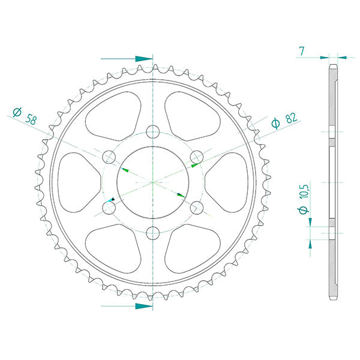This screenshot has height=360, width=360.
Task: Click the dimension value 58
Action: pos(30,118)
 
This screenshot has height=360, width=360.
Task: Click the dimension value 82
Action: pos(290,118)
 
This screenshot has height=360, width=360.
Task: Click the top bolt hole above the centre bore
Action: pos(153,131)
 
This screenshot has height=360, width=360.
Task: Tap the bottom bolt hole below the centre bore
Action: pos(153,233)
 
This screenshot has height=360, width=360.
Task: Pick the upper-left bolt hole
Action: pos(109,157)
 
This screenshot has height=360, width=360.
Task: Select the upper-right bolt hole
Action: pos(197,157)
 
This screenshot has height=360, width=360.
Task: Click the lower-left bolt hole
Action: pos(109,208)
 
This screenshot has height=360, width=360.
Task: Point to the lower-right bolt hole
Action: pos(197,208)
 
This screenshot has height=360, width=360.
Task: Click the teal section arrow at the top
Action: pos(143,59)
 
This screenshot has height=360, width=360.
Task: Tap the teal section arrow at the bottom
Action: pos(143,305)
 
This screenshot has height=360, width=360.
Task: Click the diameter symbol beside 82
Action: pos(276,124)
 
